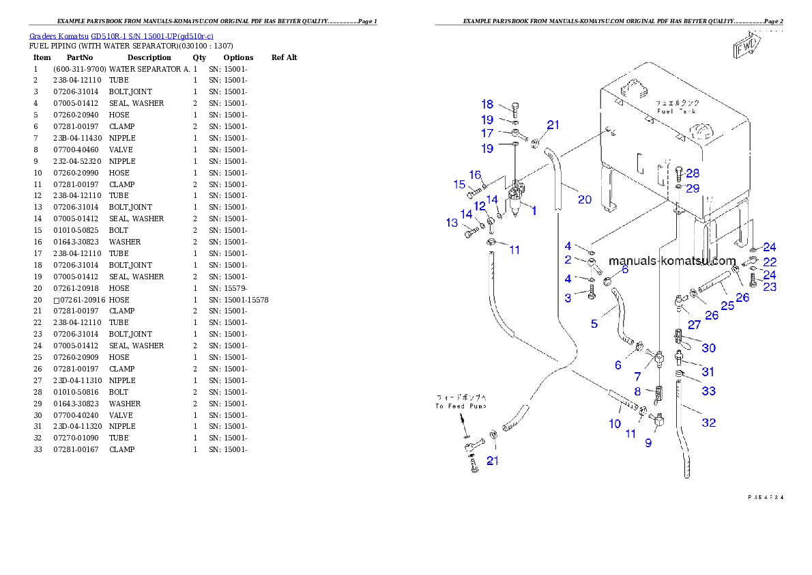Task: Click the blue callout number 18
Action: coord(487,104)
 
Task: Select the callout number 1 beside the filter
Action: coord(534,211)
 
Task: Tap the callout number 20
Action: coord(585,199)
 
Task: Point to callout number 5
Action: coord(594,323)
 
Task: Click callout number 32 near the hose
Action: coord(709,423)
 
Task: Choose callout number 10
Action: coord(615,423)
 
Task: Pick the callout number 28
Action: coord(693,173)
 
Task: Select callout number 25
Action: coord(727,305)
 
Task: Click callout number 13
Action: coord(452,223)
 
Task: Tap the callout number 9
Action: coord(648,443)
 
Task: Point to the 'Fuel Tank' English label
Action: coord(676,111)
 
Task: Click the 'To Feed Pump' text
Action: coord(461,406)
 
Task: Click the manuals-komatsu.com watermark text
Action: coord(671,261)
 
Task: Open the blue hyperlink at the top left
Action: coord(121,36)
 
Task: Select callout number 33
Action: coord(709,391)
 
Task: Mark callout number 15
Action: coord(460,184)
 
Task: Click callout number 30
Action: coord(709,348)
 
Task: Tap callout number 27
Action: coord(694,324)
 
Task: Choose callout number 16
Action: coord(475,175)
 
